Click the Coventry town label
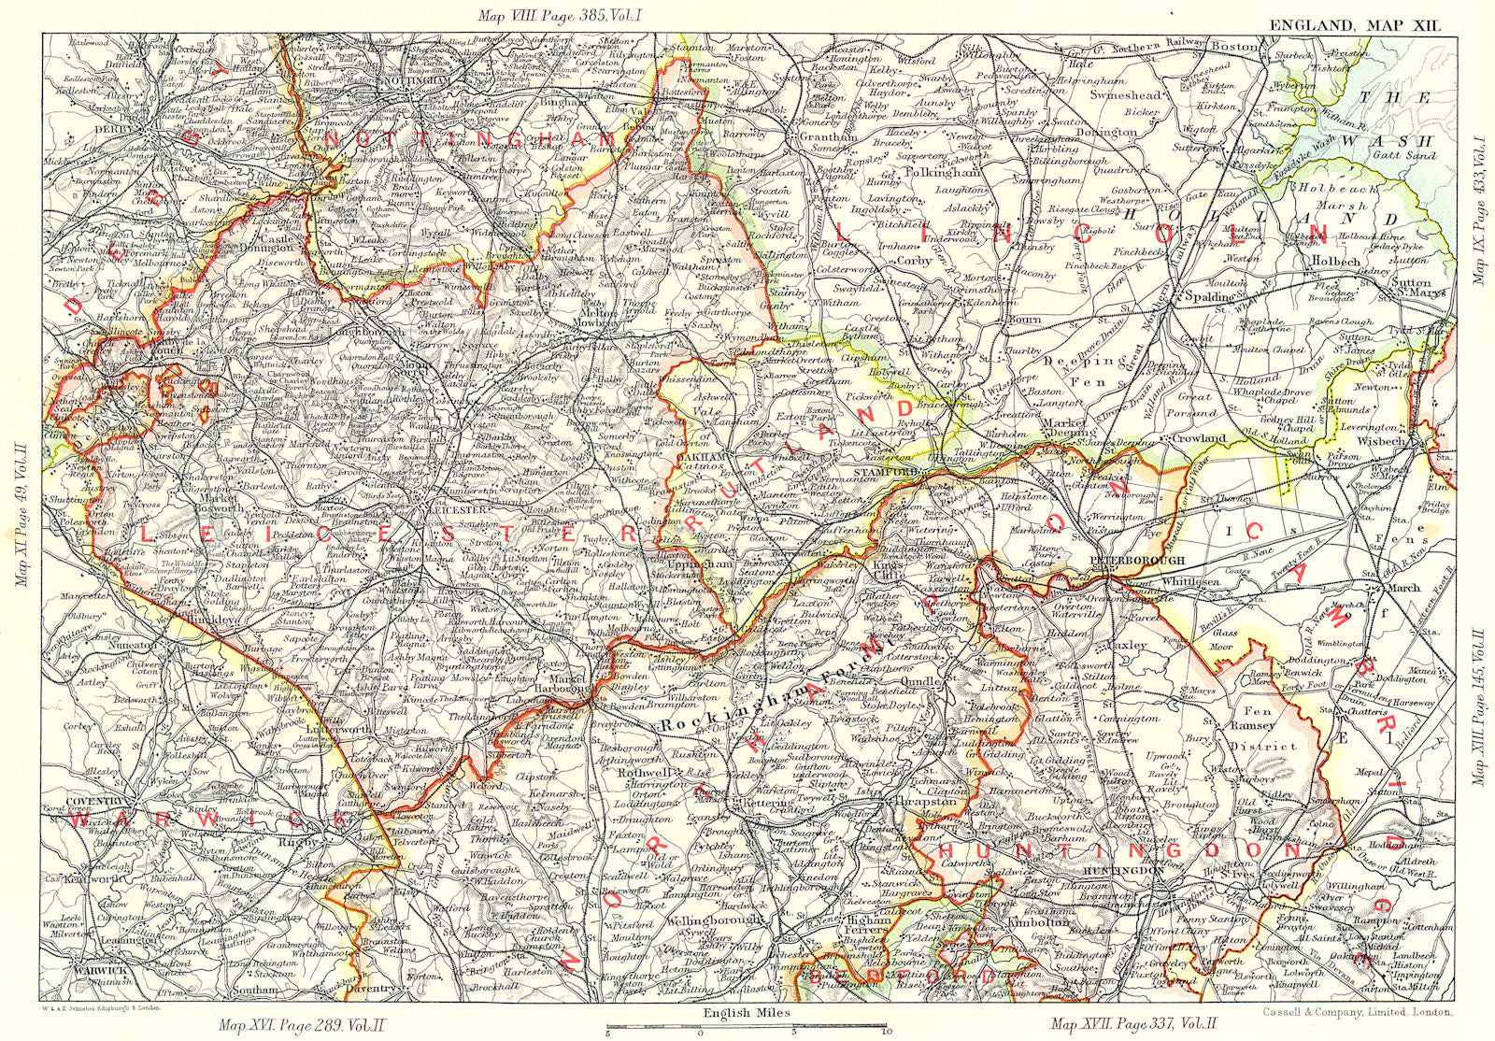[x=95, y=801]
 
